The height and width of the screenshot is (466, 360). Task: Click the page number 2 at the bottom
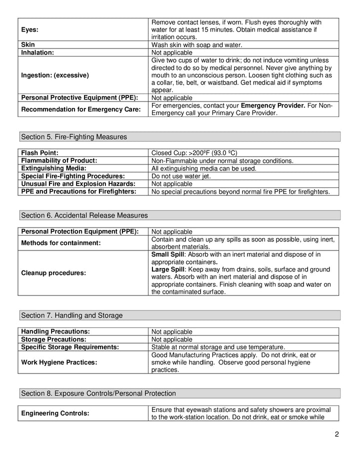337,434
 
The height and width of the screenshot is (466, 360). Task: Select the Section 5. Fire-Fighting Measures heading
73,136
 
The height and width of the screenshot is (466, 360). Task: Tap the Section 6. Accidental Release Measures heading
84,215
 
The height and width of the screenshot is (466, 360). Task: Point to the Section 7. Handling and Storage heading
71,315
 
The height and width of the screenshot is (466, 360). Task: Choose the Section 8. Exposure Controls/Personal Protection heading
97,393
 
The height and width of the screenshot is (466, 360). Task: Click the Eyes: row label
30,29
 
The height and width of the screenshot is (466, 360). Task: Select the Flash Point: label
40,152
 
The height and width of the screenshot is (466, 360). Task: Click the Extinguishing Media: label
53,168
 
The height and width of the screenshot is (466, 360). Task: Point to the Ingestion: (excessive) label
55,75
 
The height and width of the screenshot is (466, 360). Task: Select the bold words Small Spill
168,254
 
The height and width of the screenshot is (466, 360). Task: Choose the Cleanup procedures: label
53,273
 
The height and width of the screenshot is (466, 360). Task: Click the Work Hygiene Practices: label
59,362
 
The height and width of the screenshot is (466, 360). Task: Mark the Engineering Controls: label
55,413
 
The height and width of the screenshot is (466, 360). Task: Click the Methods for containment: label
61,243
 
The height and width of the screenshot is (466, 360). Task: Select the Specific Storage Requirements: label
70,346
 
